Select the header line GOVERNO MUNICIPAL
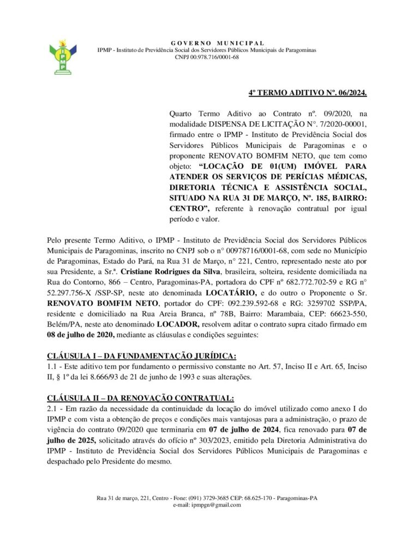tap(218, 43)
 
